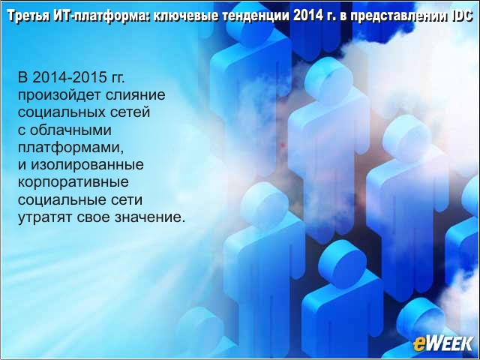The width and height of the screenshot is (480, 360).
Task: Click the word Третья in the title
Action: tap(28, 16)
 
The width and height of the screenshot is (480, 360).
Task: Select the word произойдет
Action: tap(59, 95)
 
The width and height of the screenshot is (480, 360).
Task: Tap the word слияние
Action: tap(135, 95)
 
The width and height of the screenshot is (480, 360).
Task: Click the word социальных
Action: tap(58, 112)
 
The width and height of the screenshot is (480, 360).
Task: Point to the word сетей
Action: tap(127, 112)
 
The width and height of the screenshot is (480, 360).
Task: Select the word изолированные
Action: tap(87, 165)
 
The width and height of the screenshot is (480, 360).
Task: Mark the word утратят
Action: tap(45, 218)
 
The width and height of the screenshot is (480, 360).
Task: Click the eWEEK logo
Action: tap(442, 343)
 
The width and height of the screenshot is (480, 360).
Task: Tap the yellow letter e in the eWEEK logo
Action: tap(418, 345)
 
